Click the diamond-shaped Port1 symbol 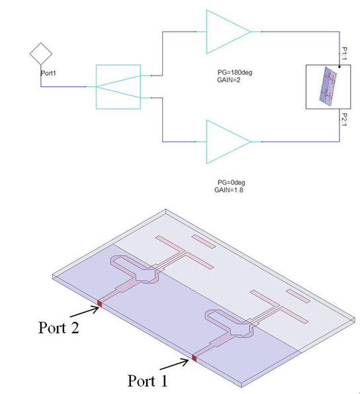click(41, 54)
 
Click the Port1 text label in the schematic click(48, 73)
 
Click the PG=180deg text click(235, 73)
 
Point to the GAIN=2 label click(229, 80)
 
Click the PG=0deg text click(231, 182)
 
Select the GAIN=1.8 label click(229, 190)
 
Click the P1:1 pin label click(344, 53)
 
